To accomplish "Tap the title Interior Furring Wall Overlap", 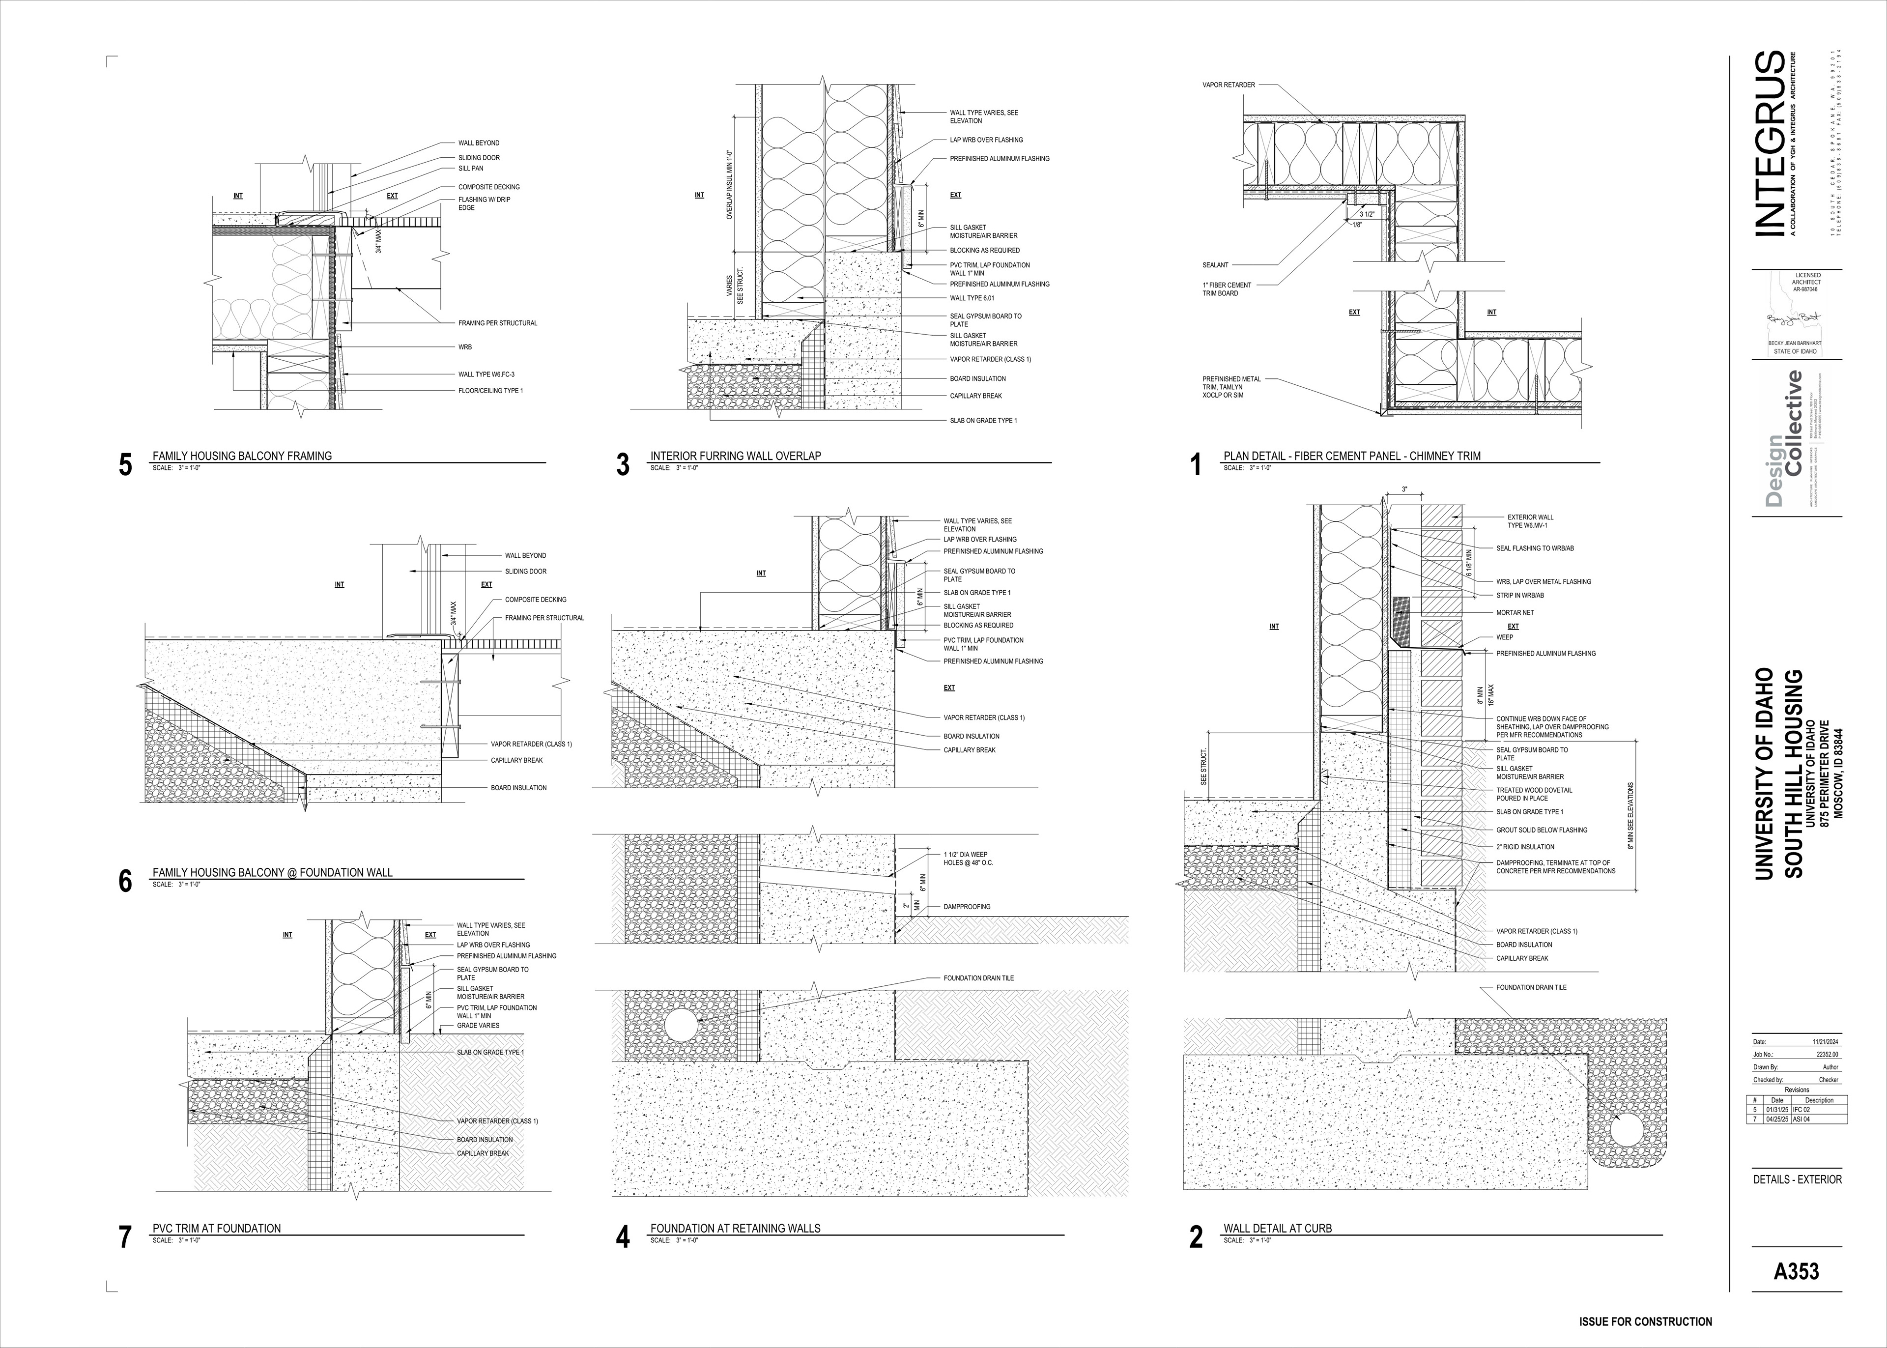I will tap(735, 456).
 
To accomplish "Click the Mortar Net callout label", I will tap(1515, 613).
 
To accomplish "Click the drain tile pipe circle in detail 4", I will tap(679, 1026).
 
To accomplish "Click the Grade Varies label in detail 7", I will tap(478, 1026).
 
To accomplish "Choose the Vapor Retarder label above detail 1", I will tap(1228, 85).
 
